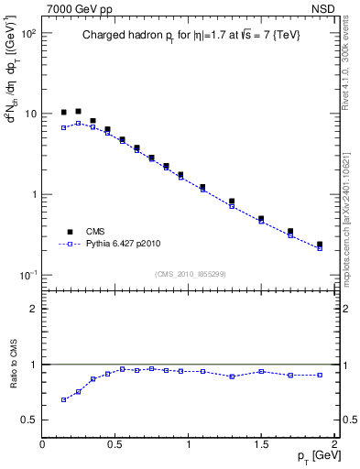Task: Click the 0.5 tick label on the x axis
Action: [115, 442]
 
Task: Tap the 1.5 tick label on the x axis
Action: [261, 442]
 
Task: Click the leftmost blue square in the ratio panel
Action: [63, 399]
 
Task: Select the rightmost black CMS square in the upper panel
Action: [320, 245]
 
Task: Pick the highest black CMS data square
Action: [78, 111]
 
